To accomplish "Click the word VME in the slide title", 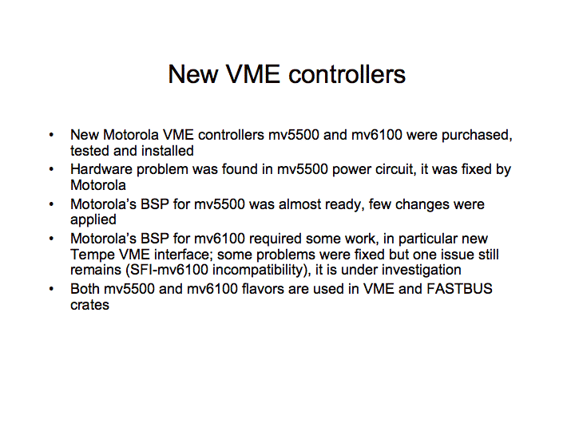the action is pos(252,74).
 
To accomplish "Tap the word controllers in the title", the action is pos(347,74).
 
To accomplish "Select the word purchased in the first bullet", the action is pos(477,135).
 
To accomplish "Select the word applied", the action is pos(93,220).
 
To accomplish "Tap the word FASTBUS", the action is pos(459,289).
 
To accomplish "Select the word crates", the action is pos(89,305).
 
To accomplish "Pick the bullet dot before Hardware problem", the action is pos(51,169).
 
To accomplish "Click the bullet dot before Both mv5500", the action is pos(51,289).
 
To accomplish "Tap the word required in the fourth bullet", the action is pos(275,239).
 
